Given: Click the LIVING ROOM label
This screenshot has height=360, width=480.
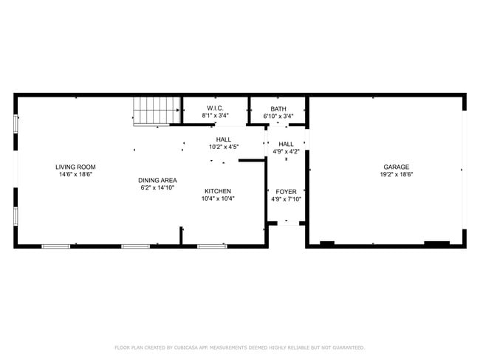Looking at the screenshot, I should pyautogui.click(x=78, y=167).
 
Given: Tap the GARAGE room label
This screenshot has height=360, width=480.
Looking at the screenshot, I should pyautogui.click(x=396, y=167).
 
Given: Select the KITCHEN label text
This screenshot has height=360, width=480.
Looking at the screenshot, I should pyautogui.click(x=218, y=190).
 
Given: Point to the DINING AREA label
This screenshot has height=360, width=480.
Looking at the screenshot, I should pyautogui.click(x=157, y=180).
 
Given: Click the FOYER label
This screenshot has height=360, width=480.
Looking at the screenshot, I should pyautogui.click(x=286, y=191).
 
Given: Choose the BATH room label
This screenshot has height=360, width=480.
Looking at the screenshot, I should pyautogui.click(x=278, y=108).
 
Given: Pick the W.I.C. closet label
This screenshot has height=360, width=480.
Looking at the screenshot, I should pyautogui.click(x=216, y=108).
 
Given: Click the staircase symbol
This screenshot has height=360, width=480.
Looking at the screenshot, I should pyautogui.click(x=157, y=111).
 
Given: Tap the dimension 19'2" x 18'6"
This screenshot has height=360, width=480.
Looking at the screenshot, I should pyautogui.click(x=396, y=175).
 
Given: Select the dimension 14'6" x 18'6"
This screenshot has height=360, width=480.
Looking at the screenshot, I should pyautogui.click(x=78, y=175).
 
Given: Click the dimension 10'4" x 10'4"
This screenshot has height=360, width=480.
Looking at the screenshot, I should pyautogui.click(x=218, y=198).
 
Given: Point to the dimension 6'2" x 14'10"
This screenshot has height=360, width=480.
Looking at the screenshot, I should pyautogui.click(x=157, y=188).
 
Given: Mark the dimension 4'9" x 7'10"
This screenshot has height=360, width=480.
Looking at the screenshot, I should pyautogui.click(x=286, y=199).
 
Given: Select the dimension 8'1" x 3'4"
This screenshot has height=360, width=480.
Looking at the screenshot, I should pyautogui.click(x=216, y=116).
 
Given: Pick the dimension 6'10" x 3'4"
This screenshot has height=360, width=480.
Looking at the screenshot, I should pyautogui.click(x=278, y=116).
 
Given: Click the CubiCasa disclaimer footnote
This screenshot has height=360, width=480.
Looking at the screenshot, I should pyautogui.click(x=240, y=347).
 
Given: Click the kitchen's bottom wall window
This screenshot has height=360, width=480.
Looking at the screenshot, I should pyautogui.click(x=212, y=246).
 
